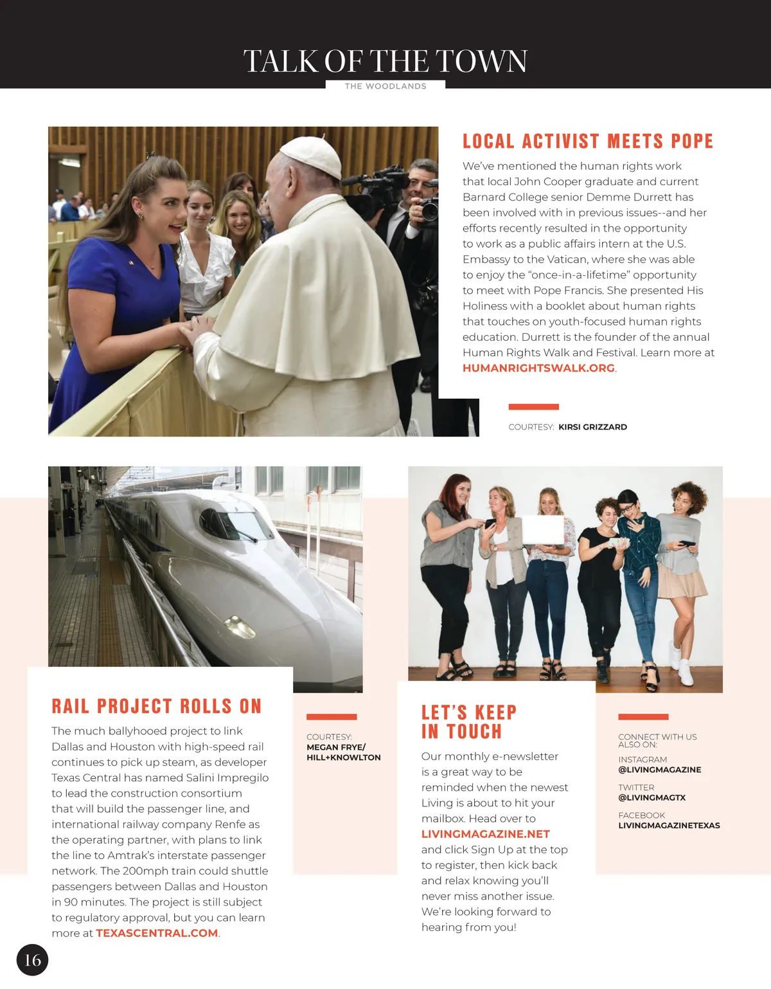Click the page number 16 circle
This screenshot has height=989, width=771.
coord(32,960)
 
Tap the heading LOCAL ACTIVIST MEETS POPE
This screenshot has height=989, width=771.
coord(588,141)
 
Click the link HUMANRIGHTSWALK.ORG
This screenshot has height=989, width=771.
coord(538,368)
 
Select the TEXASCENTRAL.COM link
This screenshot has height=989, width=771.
coord(157,933)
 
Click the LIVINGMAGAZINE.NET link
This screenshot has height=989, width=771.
coord(485,834)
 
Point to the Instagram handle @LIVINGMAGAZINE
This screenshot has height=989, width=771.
coord(659,770)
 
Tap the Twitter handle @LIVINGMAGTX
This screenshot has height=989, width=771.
coord(651,797)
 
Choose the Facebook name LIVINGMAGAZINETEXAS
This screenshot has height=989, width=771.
coord(669,826)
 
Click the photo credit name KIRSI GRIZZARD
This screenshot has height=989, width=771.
coord(592,427)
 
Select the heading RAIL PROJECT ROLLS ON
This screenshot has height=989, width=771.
coord(157,706)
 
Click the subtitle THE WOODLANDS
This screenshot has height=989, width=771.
coord(385,86)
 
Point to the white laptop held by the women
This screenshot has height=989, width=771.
coord(543,531)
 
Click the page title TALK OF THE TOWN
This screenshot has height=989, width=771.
coord(385,61)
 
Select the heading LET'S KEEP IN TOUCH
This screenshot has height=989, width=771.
coord(469,722)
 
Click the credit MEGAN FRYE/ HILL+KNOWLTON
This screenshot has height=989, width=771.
coord(343,752)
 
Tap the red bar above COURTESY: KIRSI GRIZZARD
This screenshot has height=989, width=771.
coord(533,406)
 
